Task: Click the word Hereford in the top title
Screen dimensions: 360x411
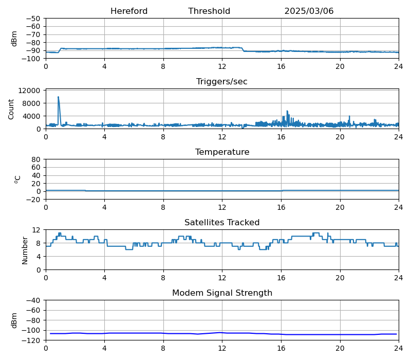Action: pos(129,11)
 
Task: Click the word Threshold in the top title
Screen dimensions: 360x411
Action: pos(209,11)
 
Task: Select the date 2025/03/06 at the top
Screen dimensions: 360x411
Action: pos(309,11)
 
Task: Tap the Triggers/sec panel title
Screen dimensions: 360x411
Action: pos(222,82)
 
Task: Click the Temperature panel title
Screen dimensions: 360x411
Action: pos(222,152)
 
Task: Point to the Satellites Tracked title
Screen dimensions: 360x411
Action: pos(222,223)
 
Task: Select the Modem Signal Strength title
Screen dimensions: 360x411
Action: pos(222,293)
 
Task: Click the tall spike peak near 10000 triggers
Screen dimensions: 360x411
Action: pos(58,97)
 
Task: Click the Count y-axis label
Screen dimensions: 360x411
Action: pos(11,109)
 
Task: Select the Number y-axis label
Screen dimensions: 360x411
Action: pos(25,250)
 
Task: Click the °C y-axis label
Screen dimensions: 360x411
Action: pos(17,179)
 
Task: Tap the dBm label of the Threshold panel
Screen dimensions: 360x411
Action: pos(14,39)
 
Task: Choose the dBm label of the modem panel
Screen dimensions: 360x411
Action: pos(14,320)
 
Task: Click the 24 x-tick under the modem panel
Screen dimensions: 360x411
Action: pos(398,348)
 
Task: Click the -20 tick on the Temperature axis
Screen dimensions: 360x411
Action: pos(34,200)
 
